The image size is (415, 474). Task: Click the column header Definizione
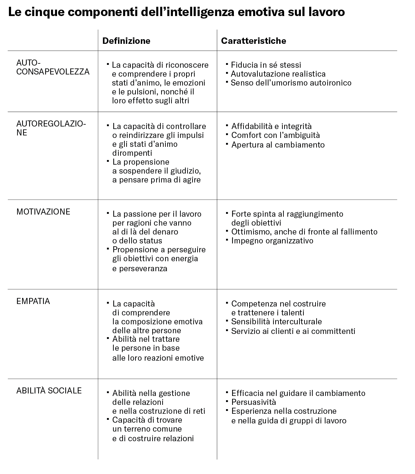tap(126, 41)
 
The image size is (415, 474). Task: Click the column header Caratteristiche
tap(253, 41)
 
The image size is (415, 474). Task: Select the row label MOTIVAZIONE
tap(43, 212)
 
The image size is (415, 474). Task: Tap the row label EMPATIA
tap(33, 301)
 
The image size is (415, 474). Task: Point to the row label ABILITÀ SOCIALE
tap(49, 391)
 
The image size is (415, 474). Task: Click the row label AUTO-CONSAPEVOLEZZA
tap(53, 67)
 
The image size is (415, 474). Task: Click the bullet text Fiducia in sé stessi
tap(266, 65)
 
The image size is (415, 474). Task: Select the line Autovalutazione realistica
tap(278, 74)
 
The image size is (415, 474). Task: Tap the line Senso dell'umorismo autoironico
tap(291, 83)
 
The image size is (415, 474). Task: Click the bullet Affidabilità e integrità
tap(271, 126)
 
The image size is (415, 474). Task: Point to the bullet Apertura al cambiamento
tap(278, 145)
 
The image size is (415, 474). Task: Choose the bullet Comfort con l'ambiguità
tap(275, 135)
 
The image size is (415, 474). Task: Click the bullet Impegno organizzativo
tap(272, 241)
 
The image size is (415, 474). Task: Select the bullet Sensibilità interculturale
tap(276, 321)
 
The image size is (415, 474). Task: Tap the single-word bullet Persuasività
tap(253, 402)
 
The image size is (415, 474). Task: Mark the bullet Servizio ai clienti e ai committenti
tap(293, 331)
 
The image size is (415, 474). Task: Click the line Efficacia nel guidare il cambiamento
tap(298, 393)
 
